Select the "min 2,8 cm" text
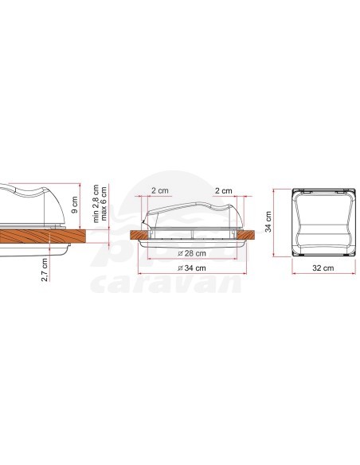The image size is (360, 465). pyautogui.click(x=94, y=202)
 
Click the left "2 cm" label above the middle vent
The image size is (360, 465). pyautogui.click(x=160, y=192)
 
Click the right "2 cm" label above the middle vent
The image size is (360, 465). pyautogui.click(x=224, y=192)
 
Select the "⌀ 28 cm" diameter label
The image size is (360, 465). pyautogui.click(x=192, y=255)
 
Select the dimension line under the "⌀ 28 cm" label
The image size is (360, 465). pyautogui.click(x=192, y=260)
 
